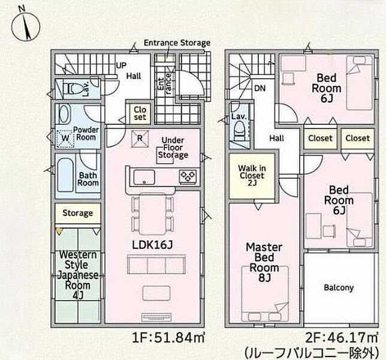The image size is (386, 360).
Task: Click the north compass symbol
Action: [x=26, y=26]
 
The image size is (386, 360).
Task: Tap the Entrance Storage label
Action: [x=177, y=43]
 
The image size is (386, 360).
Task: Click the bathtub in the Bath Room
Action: [x=65, y=175]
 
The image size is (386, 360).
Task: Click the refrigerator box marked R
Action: [x=140, y=139]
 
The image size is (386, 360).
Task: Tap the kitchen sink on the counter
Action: [x=144, y=177]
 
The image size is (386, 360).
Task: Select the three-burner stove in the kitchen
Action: [x=188, y=176]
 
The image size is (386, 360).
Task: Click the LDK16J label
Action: [x=153, y=245]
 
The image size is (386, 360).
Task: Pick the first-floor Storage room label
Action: [x=77, y=213]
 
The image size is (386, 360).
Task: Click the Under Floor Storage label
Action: [x=173, y=148]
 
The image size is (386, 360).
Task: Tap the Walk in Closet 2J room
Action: [x=252, y=176]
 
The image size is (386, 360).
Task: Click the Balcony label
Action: [x=339, y=287]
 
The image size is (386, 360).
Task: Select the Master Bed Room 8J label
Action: [x=264, y=262]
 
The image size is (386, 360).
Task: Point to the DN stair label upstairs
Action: [x=260, y=88]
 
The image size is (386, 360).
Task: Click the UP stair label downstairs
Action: [x=121, y=65]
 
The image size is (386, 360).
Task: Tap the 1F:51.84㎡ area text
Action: [x=168, y=338]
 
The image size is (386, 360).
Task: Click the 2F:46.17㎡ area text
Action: [x=342, y=338]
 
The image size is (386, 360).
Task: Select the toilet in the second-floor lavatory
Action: [x=240, y=131]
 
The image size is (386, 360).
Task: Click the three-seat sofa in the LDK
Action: [x=156, y=265]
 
